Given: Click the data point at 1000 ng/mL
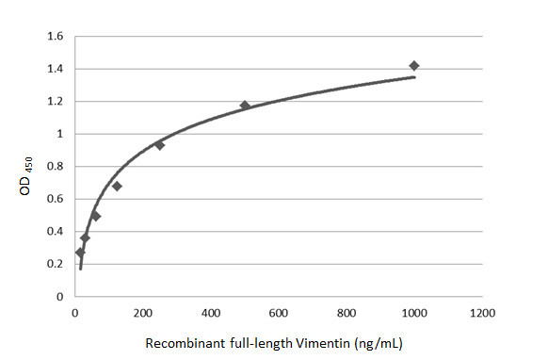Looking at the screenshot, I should point(414,66).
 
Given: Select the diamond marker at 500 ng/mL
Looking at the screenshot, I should point(245,106).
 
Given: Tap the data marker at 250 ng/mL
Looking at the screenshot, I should point(160,145).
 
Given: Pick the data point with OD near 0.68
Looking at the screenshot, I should point(117,186).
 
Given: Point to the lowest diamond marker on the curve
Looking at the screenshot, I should point(80,253).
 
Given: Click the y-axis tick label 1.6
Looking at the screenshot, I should point(55,37).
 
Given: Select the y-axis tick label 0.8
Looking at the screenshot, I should point(55,167).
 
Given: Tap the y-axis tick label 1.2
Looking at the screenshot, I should point(55,102).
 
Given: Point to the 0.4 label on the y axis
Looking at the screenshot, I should point(55,232).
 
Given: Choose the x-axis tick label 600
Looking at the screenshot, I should point(279,312).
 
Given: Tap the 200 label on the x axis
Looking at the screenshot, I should point(143,312).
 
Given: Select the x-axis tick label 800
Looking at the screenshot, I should point(347,312).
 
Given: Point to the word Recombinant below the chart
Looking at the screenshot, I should point(182,342).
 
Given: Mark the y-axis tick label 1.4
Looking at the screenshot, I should point(55,70).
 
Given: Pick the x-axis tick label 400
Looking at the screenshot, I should point(211,312).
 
